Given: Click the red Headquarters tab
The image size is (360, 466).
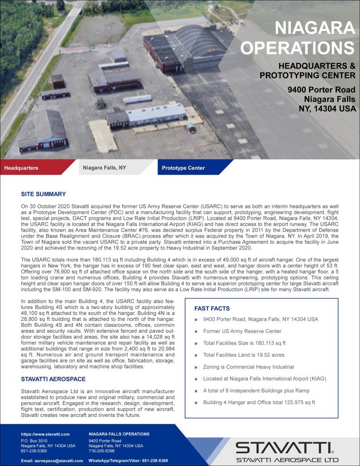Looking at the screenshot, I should pos(21,168).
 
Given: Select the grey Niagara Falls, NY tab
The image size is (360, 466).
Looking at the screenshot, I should pos(104,168).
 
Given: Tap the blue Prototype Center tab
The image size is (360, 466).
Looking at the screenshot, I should pos(183,168).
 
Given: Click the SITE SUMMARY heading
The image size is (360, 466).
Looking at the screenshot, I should pos(43,194).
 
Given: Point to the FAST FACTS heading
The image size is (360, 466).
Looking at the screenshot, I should pos(212,309).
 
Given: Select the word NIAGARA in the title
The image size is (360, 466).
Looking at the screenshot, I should pos(315,29).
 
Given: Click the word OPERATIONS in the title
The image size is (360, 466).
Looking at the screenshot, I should pos(298,48).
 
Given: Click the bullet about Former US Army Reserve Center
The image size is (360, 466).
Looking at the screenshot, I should pos(242,331).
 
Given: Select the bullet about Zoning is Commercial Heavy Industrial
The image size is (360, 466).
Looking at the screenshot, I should pos(248,367).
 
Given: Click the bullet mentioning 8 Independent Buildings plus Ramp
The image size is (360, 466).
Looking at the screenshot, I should pos(256,390).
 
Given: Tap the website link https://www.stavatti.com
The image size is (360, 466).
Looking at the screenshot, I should pos(45,434).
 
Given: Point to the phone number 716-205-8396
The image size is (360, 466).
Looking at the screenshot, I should pos(101,451).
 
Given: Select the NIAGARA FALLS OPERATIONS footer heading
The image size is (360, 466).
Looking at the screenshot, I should pos(119,434).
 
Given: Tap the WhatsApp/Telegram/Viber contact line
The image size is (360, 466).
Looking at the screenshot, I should pos(128,461).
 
